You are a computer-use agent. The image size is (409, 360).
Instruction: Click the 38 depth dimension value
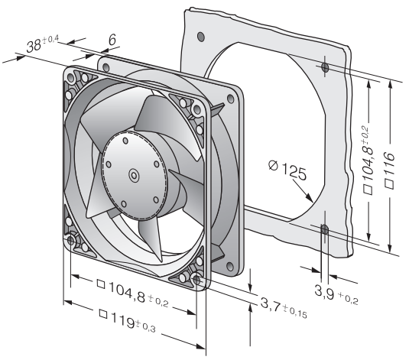[34, 47]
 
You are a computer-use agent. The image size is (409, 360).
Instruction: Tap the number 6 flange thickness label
[112, 40]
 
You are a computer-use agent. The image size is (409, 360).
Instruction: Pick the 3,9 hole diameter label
[324, 292]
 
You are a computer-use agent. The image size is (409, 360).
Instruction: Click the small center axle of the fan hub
[134, 175]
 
